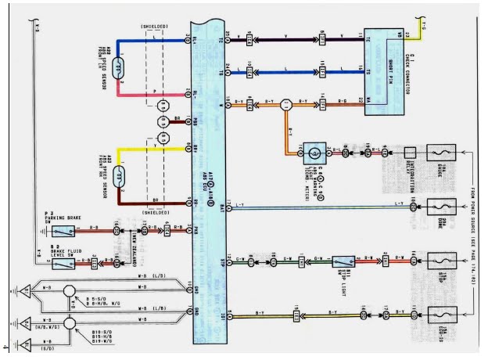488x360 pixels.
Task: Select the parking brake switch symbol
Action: click(x=63, y=231)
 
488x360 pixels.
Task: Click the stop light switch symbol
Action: click(x=343, y=261)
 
